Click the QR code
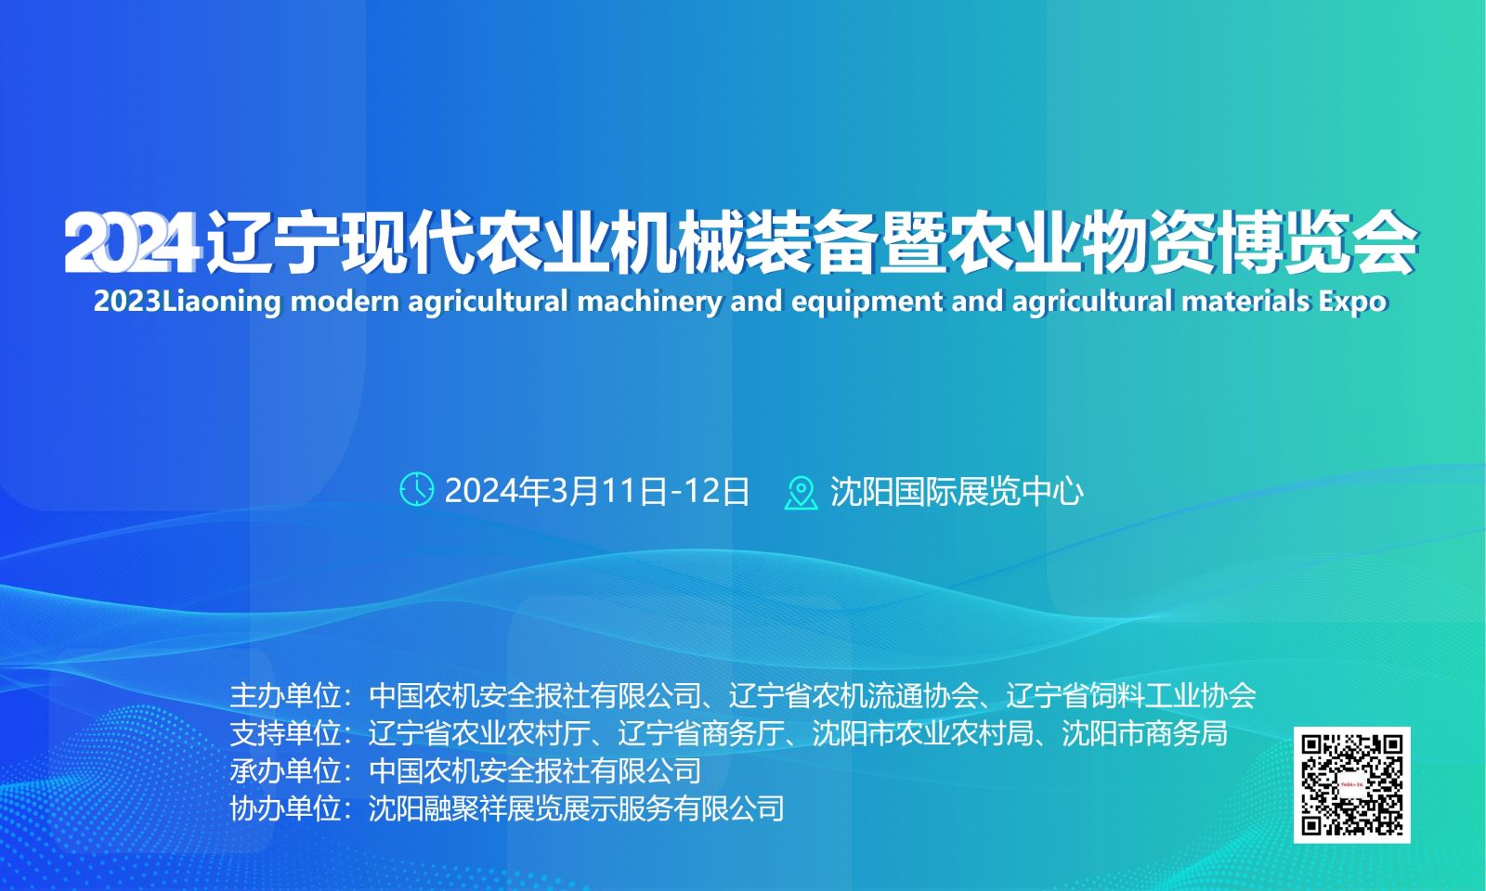pyautogui.click(x=1352, y=785)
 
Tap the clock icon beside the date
pyautogui.click(x=417, y=489)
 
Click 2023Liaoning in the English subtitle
pyautogui.click(x=188, y=302)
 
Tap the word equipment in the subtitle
pyautogui.click(x=867, y=303)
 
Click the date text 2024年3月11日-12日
pyautogui.click(x=596, y=491)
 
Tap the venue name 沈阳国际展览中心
pyautogui.click(x=957, y=491)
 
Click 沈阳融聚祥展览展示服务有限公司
pyautogui.click(x=577, y=808)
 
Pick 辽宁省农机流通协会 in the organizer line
pyautogui.click(x=854, y=695)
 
